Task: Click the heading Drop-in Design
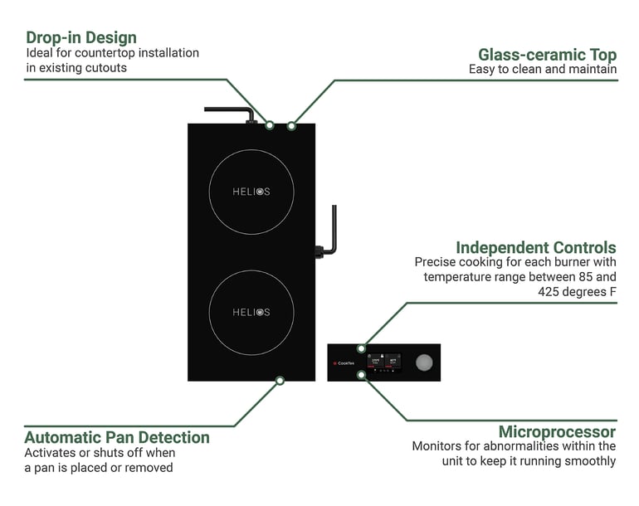point(81,37)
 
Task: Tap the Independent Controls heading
point(535,247)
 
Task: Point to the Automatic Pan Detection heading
point(117,437)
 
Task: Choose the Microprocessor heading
point(557,431)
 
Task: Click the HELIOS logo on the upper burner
point(251,192)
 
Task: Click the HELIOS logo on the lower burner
point(251,312)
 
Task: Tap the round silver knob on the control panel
point(424,362)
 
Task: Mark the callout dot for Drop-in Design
point(270,125)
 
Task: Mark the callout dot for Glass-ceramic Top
point(291,125)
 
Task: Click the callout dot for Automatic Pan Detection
point(280,380)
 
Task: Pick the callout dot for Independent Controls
point(361,348)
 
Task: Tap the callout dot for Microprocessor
point(361,375)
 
